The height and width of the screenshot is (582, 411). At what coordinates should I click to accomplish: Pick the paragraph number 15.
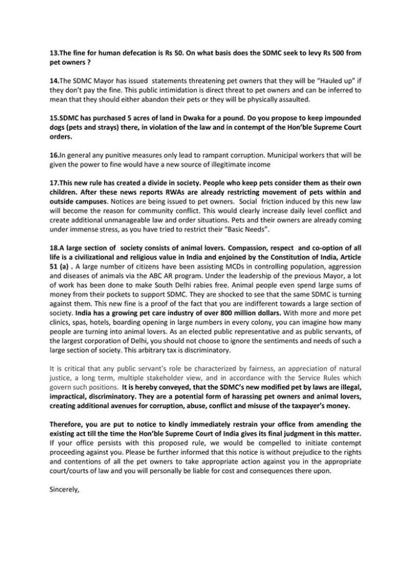(54, 118)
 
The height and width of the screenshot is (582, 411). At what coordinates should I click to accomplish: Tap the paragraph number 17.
(54, 182)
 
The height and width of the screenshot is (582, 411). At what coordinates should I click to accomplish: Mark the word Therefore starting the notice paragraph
(68, 424)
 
